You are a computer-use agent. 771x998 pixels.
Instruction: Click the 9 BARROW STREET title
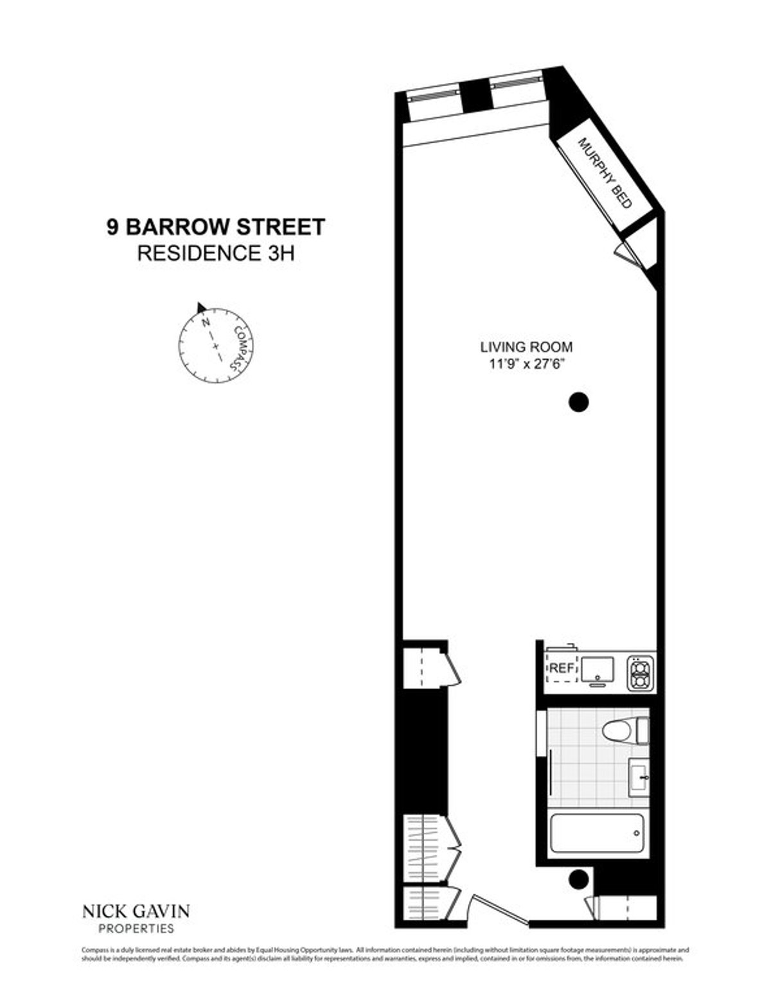click(x=216, y=227)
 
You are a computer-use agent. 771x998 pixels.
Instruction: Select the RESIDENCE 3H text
click(x=216, y=253)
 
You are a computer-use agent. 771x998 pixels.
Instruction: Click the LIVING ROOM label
click(x=526, y=347)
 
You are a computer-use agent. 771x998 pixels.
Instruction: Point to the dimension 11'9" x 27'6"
click(x=526, y=363)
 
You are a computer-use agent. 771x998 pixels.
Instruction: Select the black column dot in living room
click(x=579, y=402)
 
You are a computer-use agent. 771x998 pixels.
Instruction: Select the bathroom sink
click(x=639, y=778)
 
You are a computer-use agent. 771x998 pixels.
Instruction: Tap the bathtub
click(x=597, y=833)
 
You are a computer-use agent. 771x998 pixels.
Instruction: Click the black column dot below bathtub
click(x=579, y=879)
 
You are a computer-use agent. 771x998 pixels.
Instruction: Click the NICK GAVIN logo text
click(x=136, y=911)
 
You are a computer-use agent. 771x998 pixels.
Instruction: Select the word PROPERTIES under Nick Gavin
click(x=136, y=928)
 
